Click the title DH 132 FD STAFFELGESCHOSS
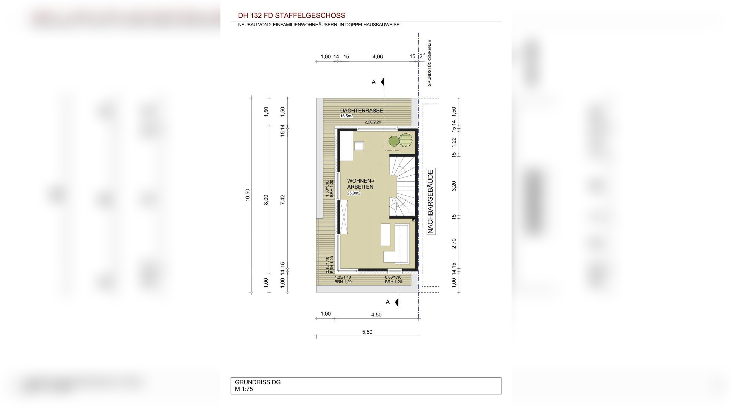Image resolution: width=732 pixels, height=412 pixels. [291, 15]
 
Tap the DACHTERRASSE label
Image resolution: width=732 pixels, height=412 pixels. [361, 111]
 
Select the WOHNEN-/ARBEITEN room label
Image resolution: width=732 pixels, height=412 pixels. [360, 184]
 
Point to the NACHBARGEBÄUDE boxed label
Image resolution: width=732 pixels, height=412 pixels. [431, 201]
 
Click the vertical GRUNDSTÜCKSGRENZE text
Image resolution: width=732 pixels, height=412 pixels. [429, 63]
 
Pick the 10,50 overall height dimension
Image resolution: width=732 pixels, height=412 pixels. [248, 195]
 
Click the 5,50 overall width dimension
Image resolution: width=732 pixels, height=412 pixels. [367, 332]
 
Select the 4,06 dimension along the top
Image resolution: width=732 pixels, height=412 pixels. [377, 57]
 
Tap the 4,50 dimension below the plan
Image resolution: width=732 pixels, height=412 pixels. [376, 315]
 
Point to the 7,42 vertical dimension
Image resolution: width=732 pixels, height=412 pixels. [283, 199]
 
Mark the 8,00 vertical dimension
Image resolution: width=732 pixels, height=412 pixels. [266, 199]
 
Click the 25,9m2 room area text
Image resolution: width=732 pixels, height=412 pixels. [354, 193]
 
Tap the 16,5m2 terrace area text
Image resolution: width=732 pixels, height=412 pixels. [347, 116]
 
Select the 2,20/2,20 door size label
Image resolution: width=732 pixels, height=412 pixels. [373, 122]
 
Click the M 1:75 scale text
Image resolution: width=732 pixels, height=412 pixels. [244, 389]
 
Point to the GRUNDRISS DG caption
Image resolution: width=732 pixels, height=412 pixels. [258, 382]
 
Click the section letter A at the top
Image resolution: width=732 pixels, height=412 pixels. [373, 82]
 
